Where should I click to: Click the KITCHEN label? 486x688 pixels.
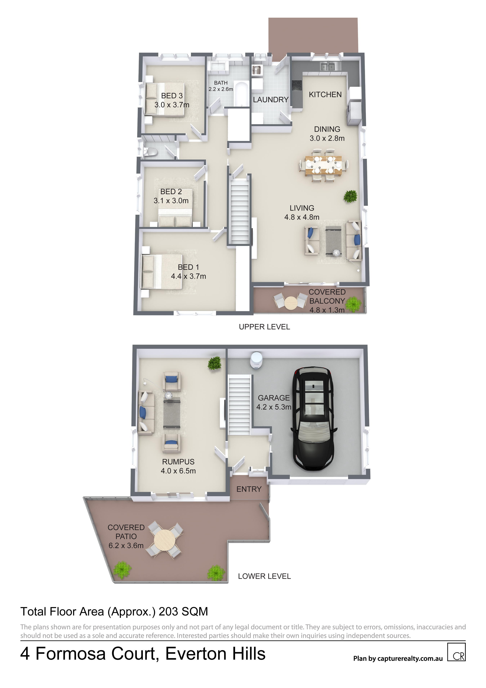325,94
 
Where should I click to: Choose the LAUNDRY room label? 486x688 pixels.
271,100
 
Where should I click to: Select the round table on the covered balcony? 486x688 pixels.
291,303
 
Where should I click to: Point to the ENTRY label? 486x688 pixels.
249,489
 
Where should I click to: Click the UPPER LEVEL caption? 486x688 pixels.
264,327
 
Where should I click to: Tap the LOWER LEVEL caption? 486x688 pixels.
264,576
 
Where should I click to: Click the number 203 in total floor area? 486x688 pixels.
168,612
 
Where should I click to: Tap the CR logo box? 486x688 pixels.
456,652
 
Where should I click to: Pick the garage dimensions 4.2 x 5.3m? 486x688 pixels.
274,407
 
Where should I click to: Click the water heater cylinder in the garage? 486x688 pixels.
257,359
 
